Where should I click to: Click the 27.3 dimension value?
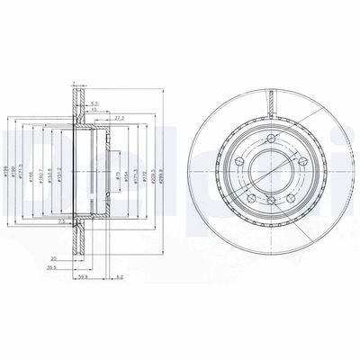(x=120, y=118)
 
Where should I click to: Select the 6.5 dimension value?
(x=94, y=103)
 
